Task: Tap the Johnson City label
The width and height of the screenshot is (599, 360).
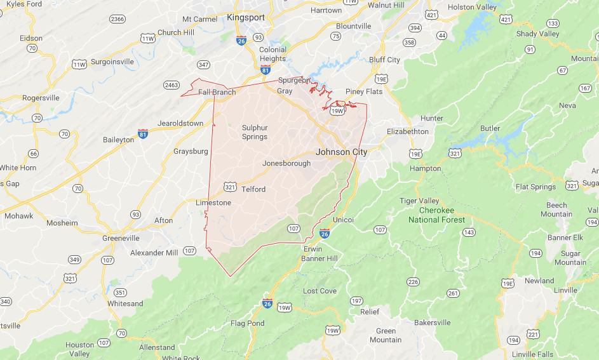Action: [x=341, y=152]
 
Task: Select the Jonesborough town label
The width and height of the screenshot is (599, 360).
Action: [x=286, y=163]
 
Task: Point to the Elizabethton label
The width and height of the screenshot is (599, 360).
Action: [x=408, y=131]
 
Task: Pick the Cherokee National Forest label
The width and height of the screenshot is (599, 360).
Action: [x=436, y=215]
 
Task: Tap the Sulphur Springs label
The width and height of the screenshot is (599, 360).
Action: [x=255, y=132]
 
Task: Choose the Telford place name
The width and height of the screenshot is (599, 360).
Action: [x=253, y=189]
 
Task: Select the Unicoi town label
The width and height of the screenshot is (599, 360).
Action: [x=343, y=219]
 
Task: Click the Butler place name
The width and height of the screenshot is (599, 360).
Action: [x=490, y=128]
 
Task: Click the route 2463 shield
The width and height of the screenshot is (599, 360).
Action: [x=171, y=84]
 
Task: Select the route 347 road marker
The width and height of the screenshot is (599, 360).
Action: [x=204, y=65]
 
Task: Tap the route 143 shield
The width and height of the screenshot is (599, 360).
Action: [x=469, y=232]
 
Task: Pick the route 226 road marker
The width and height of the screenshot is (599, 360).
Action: [x=413, y=282]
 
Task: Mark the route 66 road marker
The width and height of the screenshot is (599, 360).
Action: [x=33, y=154]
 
